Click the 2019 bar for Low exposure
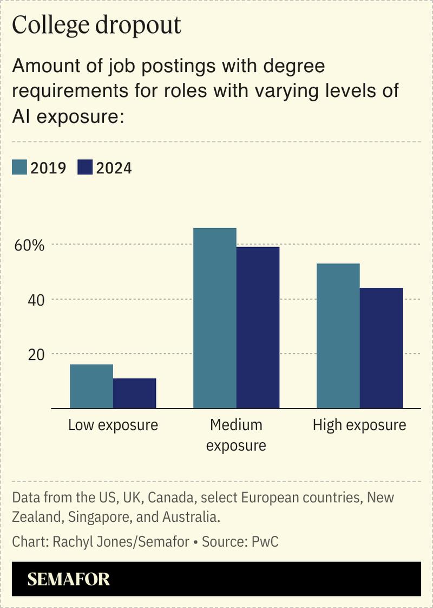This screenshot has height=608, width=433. [91, 386]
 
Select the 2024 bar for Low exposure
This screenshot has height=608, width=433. [135, 393]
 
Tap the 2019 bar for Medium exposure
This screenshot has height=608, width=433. [215, 318]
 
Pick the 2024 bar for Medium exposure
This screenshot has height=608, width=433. [258, 327]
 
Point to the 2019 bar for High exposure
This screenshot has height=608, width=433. [338, 336]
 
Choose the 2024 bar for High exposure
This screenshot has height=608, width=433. [381, 348]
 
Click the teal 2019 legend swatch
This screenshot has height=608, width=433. [19, 167]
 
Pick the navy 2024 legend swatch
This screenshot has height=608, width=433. [86, 167]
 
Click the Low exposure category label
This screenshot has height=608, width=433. [113, 425]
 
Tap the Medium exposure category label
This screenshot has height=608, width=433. [236, 435]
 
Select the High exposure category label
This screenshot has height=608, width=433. [359, 425]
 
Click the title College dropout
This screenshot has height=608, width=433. [96, 25]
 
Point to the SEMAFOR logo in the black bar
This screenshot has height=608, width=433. [69, 579]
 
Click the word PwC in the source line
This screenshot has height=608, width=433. [265, 541]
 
